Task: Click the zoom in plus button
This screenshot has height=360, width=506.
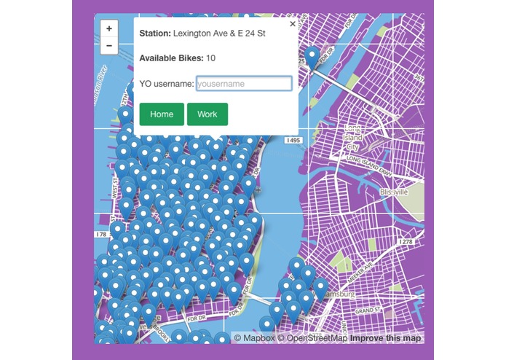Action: (109, 28)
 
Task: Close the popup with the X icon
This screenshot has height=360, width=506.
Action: (293, 24)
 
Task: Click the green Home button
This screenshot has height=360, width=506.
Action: (162, 114)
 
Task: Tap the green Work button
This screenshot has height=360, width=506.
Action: (207, 114)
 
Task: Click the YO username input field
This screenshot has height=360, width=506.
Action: (244, 84)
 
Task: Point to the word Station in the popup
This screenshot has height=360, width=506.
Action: (154, 34)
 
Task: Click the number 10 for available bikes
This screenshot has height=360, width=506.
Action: (211, 58)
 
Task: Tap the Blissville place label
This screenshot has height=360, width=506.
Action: (394, 192)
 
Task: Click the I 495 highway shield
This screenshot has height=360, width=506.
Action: (293, 139)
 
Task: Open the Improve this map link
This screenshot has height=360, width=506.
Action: (385, 338)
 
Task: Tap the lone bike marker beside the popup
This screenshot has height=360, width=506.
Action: (312, 56)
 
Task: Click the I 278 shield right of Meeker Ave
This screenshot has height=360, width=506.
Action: (406, 241)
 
